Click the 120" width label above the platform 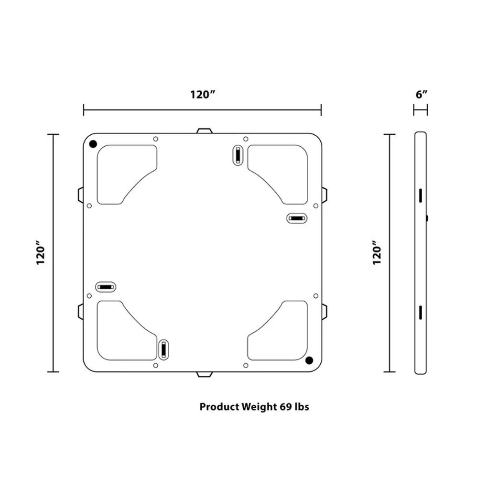coord(203,95)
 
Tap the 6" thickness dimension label coord(422,94)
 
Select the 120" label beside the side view coord(377,252)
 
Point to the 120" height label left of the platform coord(41,252)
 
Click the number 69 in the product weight coord(286,407)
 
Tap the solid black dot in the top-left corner coord(93,144)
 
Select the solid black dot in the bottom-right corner coord(309,360)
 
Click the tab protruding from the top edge coord(204,131)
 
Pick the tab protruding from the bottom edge coord(204,374)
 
